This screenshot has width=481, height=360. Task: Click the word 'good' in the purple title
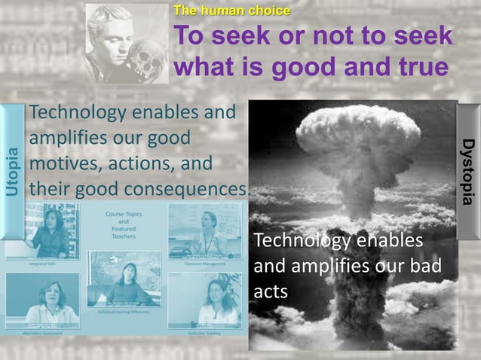click(x=314, y=66)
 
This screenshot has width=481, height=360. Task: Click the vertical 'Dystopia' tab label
click(x=468, y=170)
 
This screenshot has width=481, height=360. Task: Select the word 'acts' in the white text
click(x=271, y=291)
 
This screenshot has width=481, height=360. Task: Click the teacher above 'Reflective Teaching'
click(x=213, y=301)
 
